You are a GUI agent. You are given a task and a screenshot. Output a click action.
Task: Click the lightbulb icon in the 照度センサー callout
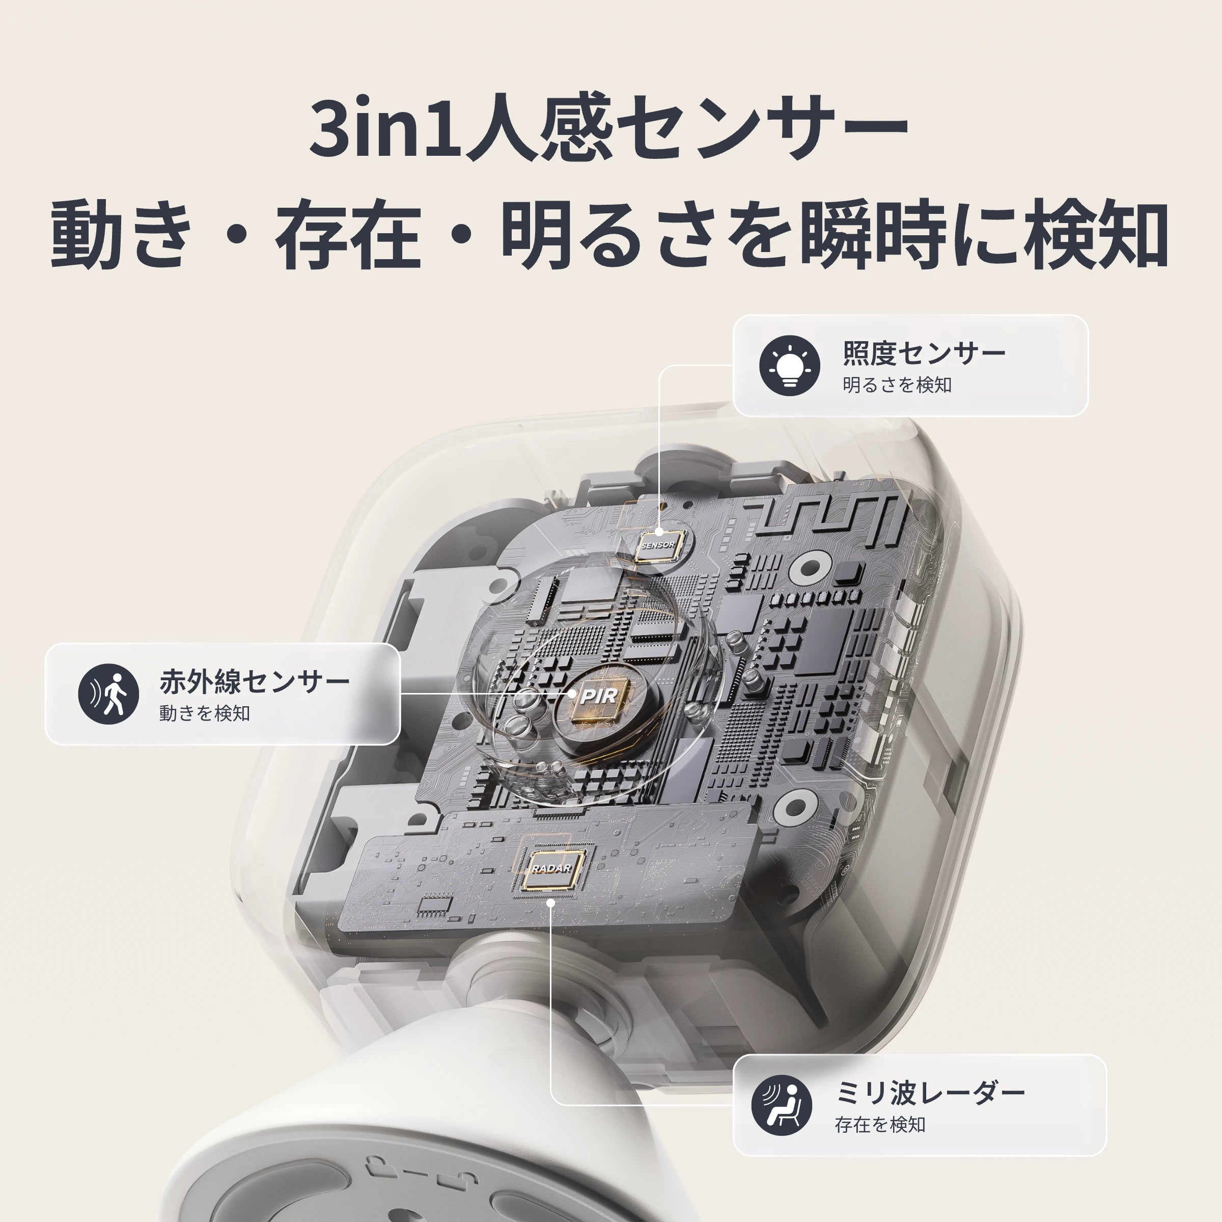(x=789, y=366)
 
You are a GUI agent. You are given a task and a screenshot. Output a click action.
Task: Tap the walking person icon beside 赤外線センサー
(x=108, y=694)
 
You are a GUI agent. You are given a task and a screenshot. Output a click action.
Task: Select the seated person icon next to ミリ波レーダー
(x=782, y=1105)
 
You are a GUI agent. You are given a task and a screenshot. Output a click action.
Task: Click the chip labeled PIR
(x=598, y=697)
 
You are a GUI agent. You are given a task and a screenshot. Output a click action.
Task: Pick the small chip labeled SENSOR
(x=658, y=545)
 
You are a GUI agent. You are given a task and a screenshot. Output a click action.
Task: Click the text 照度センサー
(x=924, y=353)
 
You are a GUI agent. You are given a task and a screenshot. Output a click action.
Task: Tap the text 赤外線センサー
(x=254, y=681)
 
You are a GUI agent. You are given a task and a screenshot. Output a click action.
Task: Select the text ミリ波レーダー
(x=930, y=1092)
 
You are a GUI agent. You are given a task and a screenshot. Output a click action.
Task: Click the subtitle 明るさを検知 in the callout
(x=897, y=384)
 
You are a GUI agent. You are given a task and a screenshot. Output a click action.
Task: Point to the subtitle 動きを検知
(x=205, y=713)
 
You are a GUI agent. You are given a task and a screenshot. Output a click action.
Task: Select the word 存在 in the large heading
(x=348, y=234)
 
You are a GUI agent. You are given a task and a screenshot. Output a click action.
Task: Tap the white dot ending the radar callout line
(x=550, y=903)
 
